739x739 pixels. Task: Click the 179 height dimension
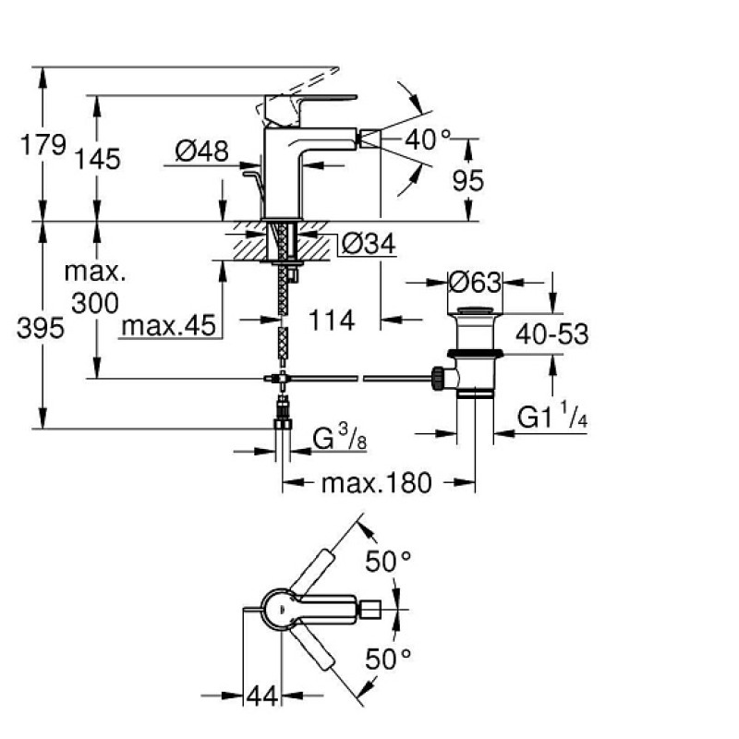click(42, 145)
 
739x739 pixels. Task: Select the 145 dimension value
click(98, 159)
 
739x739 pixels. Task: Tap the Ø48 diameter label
click(201, 151)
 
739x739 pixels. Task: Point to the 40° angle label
click(428, 139)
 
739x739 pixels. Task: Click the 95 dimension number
click(468, 180)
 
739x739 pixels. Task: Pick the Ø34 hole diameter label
click(369, 244)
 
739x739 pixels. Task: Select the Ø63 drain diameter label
click(475, 283)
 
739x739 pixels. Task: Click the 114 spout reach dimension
click(332, 321)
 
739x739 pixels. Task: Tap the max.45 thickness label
click(169, 325)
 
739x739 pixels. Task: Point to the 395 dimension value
click(41, 328)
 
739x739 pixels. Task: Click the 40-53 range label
click(551, 334)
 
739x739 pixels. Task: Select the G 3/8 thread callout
click(339, 438)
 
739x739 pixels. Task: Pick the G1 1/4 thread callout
click(551, 415)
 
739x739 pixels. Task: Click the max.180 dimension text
click(377, 483)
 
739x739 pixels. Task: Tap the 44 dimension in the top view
click(262, 697)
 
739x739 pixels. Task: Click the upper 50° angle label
click(388, 562)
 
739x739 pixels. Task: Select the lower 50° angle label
click(388, 659)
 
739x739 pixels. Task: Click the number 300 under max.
click(95, 303)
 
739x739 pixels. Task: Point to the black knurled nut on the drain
click(438, 379)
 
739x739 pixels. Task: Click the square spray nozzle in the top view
click(370, 610)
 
